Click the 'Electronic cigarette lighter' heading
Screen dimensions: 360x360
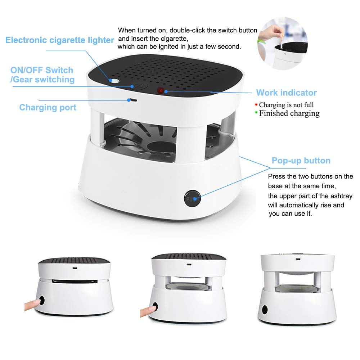click(60, 40)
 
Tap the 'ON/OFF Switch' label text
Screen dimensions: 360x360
click(42, 70)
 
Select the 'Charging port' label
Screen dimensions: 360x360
click(48, 107)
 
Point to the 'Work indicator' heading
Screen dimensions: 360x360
click(286, 93)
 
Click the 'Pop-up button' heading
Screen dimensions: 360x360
click(301, 161)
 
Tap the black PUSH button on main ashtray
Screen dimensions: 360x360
click(192, 198)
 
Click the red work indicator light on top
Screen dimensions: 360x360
click(161, 91)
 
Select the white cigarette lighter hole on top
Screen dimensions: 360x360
click(114, 81)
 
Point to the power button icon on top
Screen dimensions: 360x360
click(140, 87)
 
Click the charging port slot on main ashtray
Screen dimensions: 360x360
click(133, 100)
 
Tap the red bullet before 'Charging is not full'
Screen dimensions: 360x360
click(256, 105)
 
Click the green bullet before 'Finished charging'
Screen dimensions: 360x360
click(256, 112)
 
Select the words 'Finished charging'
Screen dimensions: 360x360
click(289, 113)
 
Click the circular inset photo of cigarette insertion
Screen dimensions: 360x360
click(283, 44)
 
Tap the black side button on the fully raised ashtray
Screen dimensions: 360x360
click(265, 310)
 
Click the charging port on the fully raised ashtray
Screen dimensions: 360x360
click(298, 259)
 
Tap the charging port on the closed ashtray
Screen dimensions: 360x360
click(75, 268)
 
